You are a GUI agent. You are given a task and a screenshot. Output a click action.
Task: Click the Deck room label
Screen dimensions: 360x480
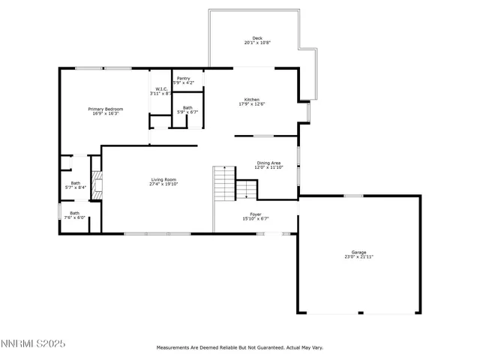257,38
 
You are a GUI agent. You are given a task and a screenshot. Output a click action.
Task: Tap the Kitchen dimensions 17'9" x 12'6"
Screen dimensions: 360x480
251,104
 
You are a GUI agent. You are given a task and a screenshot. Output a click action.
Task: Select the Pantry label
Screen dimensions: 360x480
183,77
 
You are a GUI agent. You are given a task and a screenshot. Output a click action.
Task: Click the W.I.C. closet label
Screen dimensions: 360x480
161,88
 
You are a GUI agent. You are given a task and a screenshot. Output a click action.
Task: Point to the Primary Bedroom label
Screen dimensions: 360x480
107,109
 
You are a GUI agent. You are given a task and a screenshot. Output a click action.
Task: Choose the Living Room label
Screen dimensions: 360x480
163,179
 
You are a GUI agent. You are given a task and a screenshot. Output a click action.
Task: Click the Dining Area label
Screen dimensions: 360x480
268,163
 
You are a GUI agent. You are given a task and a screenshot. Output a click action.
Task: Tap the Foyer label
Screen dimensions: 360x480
256,214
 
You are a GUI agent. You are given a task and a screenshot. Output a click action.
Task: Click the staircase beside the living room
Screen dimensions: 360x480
225,183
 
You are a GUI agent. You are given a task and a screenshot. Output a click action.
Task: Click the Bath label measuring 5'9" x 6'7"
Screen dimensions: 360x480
187,108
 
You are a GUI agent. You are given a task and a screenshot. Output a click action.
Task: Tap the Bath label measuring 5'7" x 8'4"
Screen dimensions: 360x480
75,183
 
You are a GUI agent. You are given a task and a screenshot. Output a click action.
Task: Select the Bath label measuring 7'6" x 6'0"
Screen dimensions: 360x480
75,213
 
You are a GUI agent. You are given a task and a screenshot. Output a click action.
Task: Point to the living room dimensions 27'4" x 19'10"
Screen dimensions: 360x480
163,184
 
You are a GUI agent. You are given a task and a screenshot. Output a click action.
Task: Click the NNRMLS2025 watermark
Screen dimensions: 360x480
33,343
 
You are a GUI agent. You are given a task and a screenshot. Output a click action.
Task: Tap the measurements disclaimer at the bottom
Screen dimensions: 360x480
239,347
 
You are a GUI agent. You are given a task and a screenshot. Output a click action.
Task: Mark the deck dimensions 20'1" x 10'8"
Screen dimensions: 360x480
257,43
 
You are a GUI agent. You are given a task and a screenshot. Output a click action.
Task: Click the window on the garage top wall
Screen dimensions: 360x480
353,196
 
